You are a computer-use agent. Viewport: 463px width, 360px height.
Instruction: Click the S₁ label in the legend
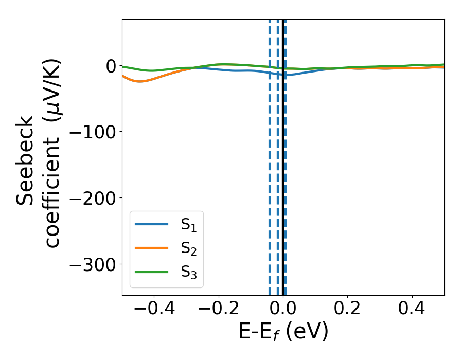point(189,225)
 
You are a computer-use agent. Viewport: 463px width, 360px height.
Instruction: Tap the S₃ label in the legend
point(189,272)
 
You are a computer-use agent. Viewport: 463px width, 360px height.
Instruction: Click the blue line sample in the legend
point(151,224)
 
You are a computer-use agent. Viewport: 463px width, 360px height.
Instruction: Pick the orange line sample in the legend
point(151,247)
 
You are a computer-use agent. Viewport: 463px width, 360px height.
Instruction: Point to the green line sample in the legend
point(151,271)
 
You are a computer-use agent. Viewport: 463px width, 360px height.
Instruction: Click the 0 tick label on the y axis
point(111,66)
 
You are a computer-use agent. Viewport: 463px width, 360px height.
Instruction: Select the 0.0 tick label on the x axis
point(283,310)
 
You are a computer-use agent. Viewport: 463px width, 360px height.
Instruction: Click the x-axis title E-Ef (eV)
point(283,332)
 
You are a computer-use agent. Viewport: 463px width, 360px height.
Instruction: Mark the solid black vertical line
point(282,180)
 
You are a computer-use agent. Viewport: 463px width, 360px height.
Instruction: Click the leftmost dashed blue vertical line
point(270,180)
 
